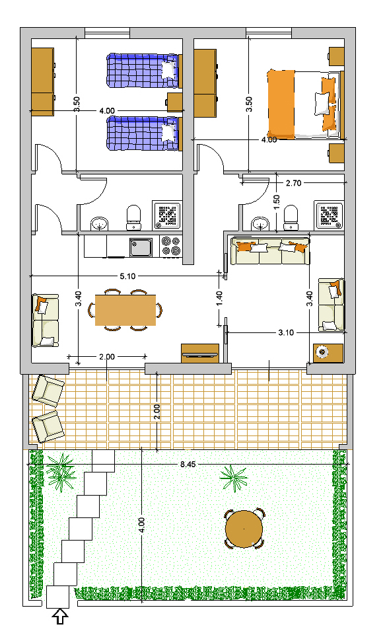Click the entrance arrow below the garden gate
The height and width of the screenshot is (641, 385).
pyautogui.click(x=61, y=617)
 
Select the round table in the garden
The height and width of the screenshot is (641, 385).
pyautogui.click(x=244, y=529)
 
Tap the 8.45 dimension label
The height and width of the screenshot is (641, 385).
pyautogui.click(x=188, y=465)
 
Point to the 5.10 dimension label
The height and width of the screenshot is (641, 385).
pyautogui.click(x=127, y=276)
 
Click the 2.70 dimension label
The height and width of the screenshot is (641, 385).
pyautogui.click(x=293, y=183)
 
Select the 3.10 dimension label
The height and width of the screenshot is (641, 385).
pyautogui.click(x=286, y=332)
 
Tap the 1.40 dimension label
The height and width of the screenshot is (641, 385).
pyautogui.click(x=219, y=298)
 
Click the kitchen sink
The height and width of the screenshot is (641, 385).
pyautogui.click(x=141, y=247)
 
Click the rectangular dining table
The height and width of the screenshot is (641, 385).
pyautogui.click(x=125, y=310)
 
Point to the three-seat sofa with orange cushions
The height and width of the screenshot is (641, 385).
pyautogui.click(x=270, y=251)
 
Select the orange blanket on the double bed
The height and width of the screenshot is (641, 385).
pyautogui.click(x=281, y=104)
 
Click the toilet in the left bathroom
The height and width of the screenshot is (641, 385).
pyautogui.click(x=133, y=218)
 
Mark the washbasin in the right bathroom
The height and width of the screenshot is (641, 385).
pyautogui.click(x=260, y=223)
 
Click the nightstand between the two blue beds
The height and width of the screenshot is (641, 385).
pyautogui.click(x=175, y=102)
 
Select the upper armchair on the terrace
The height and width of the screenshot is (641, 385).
pyautogui.click(x=48, y=391)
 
